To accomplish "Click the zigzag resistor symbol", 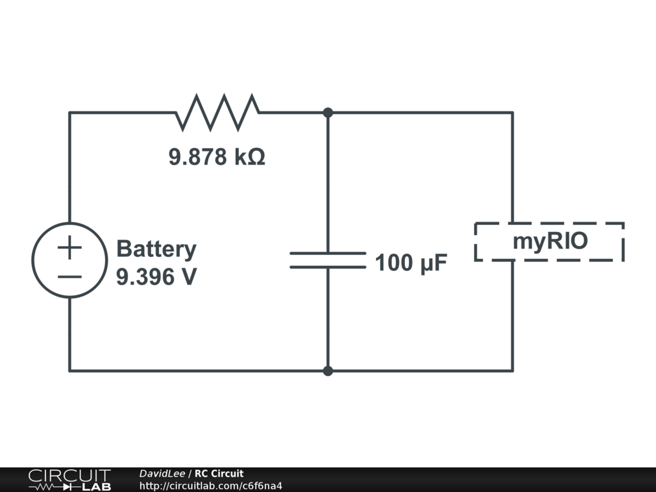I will pos(218,111).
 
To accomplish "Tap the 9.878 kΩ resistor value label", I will pos(217,157).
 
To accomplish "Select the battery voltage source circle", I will pos(69,260).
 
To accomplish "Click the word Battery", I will pos(156,249).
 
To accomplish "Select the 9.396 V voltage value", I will pos(156,277).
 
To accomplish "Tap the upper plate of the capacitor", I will pos(327,253).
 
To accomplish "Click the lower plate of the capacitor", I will pos(327,266).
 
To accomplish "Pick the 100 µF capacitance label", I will pos(411,263).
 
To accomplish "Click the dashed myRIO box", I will pos(549,242).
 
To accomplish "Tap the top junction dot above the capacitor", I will pos(328,113).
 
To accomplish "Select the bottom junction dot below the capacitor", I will pos(328,370).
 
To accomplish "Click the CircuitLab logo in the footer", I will pos(69,480).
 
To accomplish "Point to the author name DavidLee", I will pos(162,473).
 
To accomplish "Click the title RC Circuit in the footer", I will pos(219,473).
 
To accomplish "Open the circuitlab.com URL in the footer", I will pos(211,486).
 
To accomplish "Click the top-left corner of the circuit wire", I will pos(70,113).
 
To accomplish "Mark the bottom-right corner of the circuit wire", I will pos(512,370).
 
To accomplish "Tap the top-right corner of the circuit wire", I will pos(512,113).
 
